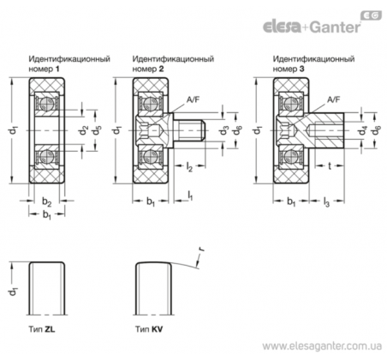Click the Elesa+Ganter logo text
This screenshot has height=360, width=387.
coord(312,27)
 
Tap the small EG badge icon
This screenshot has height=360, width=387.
coord(372,15)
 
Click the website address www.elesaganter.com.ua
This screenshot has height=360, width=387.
coord(322,346)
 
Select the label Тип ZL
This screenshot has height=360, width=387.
coord(42,329)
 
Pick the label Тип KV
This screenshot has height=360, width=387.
coord(149,329)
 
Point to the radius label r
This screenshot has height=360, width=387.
coord(202,249)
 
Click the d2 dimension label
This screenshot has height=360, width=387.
coord(84,130)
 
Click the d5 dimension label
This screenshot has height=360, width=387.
coord(97,130)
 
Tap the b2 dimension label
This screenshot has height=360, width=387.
coord(47,201)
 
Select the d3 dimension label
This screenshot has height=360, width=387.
coord(224,130)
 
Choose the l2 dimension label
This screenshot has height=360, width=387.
coord(189,166)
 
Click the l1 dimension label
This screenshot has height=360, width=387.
coord(190,195)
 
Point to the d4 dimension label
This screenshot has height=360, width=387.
coord(363,131)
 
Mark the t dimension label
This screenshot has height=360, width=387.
coord(330,165)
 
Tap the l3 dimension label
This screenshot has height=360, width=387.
coord(326,202)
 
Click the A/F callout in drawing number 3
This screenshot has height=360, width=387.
coord(333,99)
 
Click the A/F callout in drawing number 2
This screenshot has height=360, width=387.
coord(193,99)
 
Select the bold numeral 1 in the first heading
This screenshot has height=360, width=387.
coord(57,69)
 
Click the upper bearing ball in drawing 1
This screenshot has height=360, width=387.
coord(46,103)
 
